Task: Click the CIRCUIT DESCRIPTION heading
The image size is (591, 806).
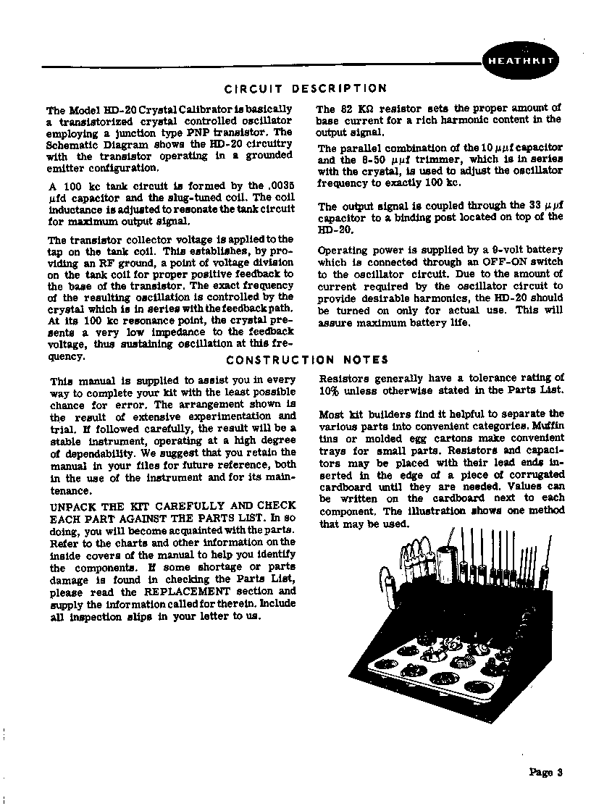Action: click(305, 89)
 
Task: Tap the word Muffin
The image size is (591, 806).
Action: click(548, 427)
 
